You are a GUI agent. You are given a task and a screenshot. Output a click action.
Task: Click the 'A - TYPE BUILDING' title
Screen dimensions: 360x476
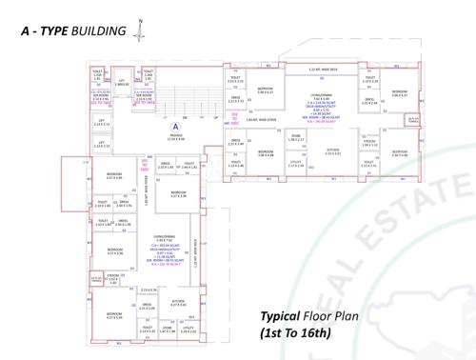click(x=73, y=31)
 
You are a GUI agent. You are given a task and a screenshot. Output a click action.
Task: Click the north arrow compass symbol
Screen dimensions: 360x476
click(x=141, y=30)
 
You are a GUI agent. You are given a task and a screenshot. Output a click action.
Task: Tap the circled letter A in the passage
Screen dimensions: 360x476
click(x=174, y=126)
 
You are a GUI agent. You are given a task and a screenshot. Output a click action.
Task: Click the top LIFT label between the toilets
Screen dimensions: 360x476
click(x=121, y=82)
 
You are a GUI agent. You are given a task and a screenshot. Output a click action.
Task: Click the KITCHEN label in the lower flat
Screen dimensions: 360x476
click(x=178, y=301)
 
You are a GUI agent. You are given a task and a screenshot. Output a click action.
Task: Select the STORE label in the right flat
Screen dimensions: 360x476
click(x=296, y=136)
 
